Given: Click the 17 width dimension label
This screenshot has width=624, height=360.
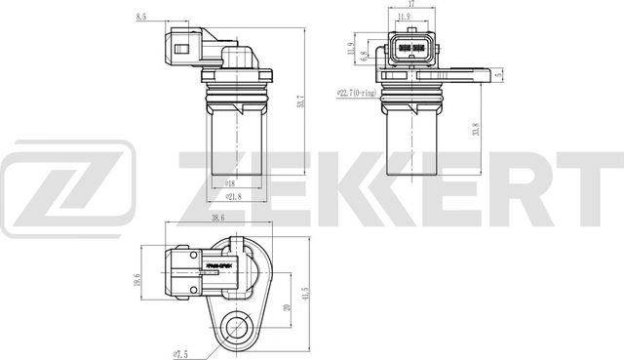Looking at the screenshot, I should pyautogui.click(x=413, y=5).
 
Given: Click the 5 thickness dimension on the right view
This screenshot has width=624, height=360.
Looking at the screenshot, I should pyautogui.click(x=498, y=75).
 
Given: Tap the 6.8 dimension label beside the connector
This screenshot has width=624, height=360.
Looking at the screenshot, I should pyautogui.click(x=363, y=57).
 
